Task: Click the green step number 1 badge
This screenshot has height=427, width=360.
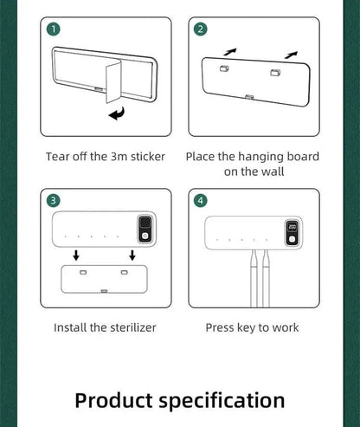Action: [54, 29]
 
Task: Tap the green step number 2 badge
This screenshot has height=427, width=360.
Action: [201, 29]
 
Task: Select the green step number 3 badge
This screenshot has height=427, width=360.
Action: [54, 201]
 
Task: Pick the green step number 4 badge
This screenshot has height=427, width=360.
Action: [201, 201]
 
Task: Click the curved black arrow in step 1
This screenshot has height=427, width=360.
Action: [117, 113]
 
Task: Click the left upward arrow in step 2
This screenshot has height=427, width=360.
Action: [230, 52]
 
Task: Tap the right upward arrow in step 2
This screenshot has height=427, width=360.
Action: [291, 55]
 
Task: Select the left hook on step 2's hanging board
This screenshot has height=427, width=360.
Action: [224, 68]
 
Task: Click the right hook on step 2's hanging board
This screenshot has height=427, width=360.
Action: [275, 73]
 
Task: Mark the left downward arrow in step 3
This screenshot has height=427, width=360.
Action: [76, 256]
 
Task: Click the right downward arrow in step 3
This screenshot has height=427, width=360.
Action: [132, 256]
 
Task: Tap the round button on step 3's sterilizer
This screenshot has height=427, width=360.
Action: [145, 236]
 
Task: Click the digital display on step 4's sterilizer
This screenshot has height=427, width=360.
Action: [292, 227]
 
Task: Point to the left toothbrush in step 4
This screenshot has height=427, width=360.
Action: [254, 278]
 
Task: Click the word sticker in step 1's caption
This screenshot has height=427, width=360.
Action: [148, 157]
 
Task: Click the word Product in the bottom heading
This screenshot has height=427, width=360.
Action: [113, 401]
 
